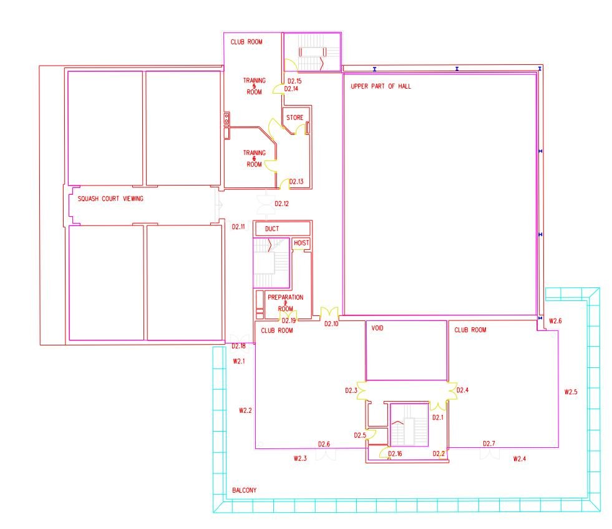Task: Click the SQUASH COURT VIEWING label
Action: click(x=110, y=199)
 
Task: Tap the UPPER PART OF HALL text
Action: click(x=381, y=86)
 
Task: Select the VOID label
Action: click(x=377, y=328)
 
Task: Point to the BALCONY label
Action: click(x=245, y=490)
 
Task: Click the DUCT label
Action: click(x=272, y=229)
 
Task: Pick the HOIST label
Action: click(x=301, y=242)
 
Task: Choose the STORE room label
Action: click(x=294, y=117)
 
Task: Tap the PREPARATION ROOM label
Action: click(x=285, y=303)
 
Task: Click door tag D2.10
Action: click(x=331, y=324)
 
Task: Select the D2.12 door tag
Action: click(x=281, y=204)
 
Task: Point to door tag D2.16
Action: click(x=395, y=453)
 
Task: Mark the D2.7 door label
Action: click(x=489, y=443)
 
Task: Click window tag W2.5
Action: click(x=571, y=392)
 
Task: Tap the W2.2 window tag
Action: click(x=245, y=410)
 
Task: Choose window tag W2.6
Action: click(x=555, y=321)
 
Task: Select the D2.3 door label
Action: click(x=351, y=390)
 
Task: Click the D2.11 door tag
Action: click(x=238, y=227)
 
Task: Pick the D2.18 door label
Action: click(x=238, y=346)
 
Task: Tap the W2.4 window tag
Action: click(x=520, y=458)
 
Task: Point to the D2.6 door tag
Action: click(x=324, y=444)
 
